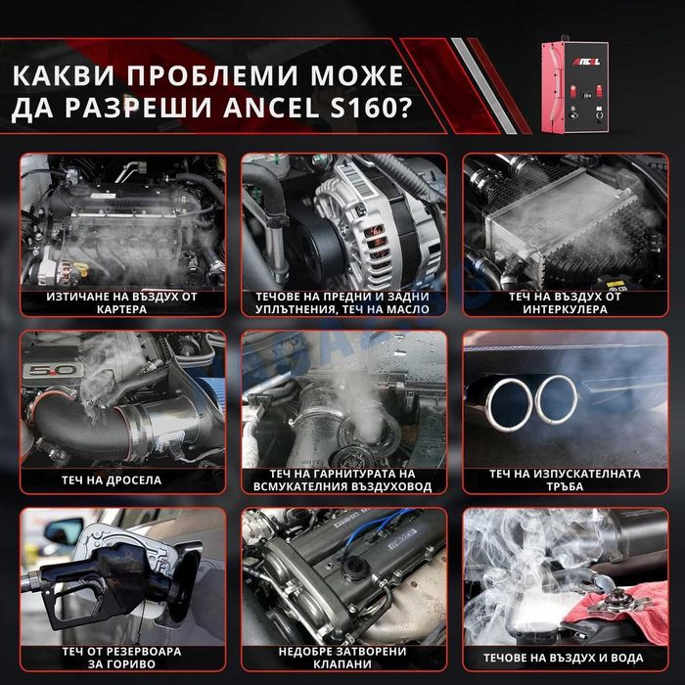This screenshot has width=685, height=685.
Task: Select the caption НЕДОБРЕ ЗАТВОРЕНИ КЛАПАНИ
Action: (x=343, y=658)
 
